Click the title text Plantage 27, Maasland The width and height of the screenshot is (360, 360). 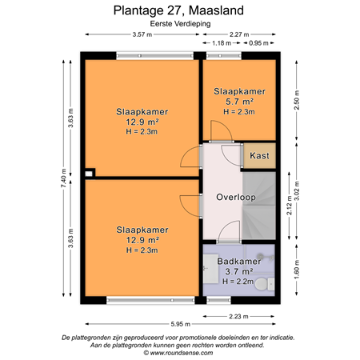point(179,11)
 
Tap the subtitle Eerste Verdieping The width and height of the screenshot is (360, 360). point(179,24)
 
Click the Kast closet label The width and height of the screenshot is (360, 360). point(259,155)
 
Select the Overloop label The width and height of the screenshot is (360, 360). point(235,197)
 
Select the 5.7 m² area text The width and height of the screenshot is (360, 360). point(239,102)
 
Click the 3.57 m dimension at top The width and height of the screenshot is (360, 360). point(142,34)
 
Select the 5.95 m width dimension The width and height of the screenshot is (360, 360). point(179,324)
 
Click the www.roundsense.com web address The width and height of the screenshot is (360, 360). point(179,352)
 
